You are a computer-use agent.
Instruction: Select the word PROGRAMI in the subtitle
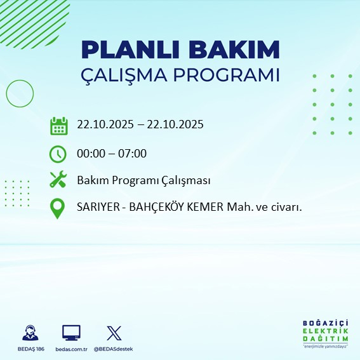pos(228,75)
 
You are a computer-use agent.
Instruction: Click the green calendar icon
pos(58,125)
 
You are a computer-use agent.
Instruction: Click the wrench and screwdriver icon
pos(58,180)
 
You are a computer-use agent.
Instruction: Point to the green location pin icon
pos(58,208)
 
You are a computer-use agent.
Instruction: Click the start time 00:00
pos(91,153)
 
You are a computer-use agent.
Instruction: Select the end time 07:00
pos(133,153)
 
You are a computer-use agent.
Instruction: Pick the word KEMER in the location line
pos(199,208)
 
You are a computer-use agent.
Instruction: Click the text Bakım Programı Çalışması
pos(143,180)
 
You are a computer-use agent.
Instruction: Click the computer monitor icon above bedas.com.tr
pos(71,332)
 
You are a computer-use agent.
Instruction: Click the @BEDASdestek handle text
pos(114,349)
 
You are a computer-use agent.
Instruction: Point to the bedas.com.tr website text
pos(71,349)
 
